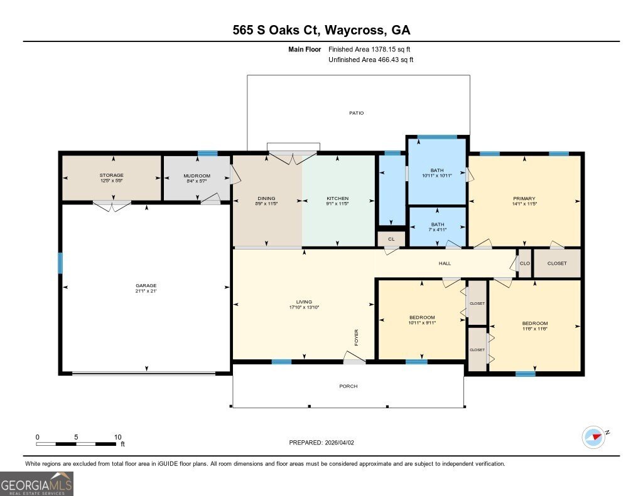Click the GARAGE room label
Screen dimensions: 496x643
pos(145,285)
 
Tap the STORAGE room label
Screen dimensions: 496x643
pos(111,176)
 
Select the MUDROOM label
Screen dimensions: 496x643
pos(197,176)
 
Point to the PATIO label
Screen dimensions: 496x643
pos(357,113)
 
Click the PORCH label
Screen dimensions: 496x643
pos(349,386)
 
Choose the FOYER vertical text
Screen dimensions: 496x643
pos(356,337)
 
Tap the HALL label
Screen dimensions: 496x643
pos(445,264)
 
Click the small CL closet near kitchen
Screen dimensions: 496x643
pos(391,239)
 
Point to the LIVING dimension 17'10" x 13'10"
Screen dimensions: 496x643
pos(305,307)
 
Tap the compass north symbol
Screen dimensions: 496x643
pos(593,436)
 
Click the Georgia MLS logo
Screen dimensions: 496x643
pos(36,483)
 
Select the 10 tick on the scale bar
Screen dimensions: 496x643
pos(117,437)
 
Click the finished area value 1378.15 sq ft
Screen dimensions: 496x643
pos(389,49)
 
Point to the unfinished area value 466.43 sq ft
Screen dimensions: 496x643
pos(389,60)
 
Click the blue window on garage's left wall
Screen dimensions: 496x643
pos(61,263)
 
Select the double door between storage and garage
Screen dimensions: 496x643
pos(112,205)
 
